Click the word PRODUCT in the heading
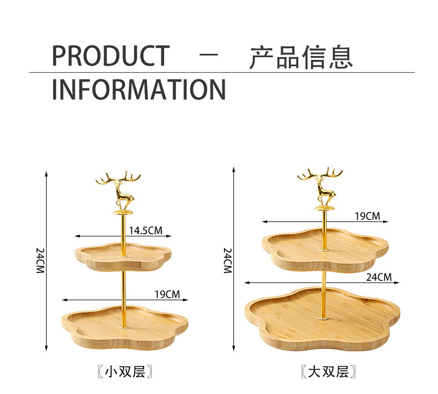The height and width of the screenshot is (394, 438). point(110,56)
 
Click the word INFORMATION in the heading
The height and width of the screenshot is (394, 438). point(139,90)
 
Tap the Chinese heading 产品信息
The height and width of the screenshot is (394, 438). point(301,57)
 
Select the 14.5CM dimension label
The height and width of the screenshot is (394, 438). point(146,230)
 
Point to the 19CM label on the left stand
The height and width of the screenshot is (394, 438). point(167,294)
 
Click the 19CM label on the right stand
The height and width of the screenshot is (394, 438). point(367,216)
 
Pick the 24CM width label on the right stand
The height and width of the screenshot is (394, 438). point(379,277)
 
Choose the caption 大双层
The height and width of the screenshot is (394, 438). point(328,371)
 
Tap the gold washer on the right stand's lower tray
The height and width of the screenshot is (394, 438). point(322,317)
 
